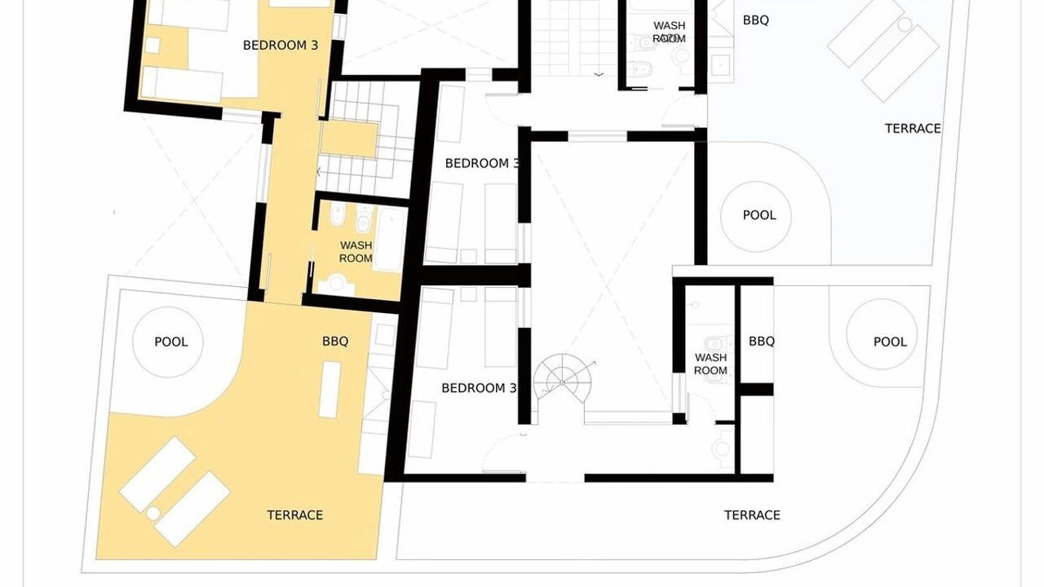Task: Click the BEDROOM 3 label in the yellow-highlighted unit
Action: click(x=281, y=45)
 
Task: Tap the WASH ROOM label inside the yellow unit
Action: click(x=356, y=252)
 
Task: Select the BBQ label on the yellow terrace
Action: click(x=335, y=342)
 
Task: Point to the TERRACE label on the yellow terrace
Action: click(x=295, y=514)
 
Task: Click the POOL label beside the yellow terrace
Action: click(x=171, y=342)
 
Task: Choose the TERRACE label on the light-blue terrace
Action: click(x=913, y=129)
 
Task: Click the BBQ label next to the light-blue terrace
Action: click(x=755, y=20)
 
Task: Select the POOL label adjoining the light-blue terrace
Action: click(x=759, y=215)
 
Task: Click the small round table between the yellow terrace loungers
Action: click(x=153, y=513)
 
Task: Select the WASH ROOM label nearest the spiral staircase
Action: click(x=710, y=364)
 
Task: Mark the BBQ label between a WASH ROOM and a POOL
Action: click(x=762, y=342)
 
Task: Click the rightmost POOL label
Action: click(x=890, y=342)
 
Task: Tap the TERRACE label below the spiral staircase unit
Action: click(x=752, y=514)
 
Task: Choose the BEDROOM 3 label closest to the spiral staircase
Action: click(x=479, y=388)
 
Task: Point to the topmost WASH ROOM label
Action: click(x=670, y=32)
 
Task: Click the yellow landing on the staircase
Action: click(x=349, y=139)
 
